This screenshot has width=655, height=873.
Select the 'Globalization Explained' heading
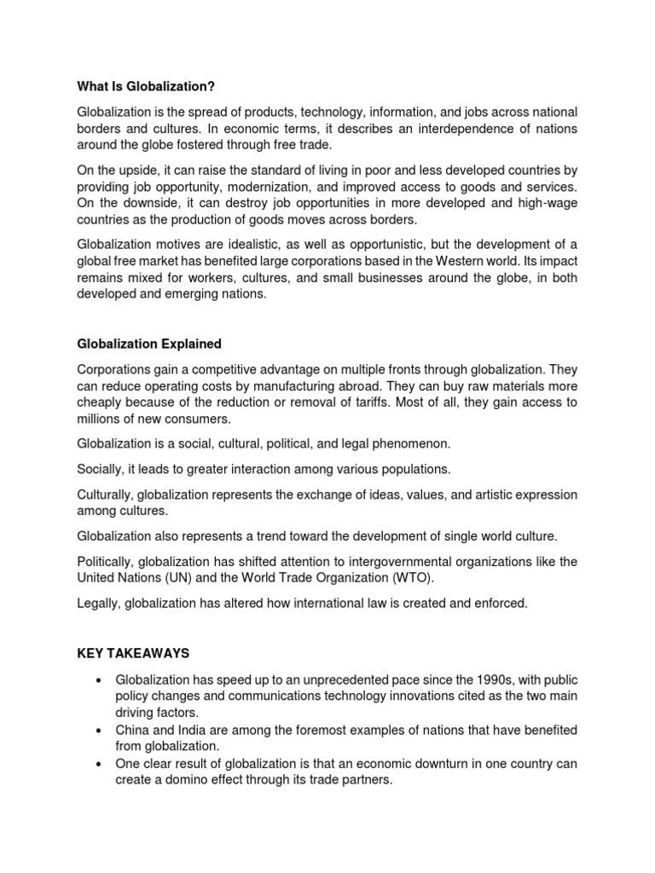[x=149, y=344]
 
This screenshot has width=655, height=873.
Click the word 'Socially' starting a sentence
[x=101, y=469]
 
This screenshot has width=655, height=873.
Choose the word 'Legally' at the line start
[x=99, y=603]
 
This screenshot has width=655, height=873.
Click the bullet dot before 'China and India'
[x=100, y=731]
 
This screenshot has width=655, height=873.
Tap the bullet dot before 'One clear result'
[x=100, y=764]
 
